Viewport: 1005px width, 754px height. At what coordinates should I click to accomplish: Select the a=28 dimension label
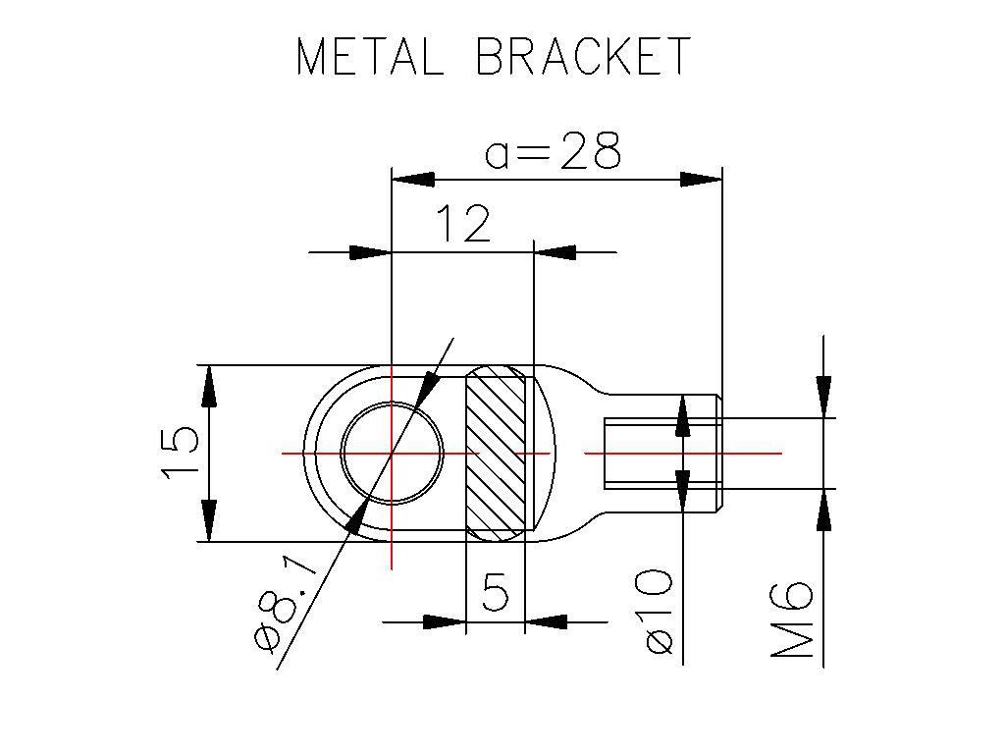[554, 152]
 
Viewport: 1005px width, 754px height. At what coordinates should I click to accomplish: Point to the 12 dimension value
[461, 225]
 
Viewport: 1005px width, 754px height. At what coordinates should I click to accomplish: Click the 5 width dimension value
[497, 593]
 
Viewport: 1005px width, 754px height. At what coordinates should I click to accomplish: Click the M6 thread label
[792, 619]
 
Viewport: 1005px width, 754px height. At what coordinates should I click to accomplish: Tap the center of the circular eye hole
[392, 453]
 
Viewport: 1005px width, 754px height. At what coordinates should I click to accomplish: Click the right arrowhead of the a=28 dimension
[702, 180]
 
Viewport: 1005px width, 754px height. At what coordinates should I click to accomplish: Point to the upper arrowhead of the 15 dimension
[209, 386]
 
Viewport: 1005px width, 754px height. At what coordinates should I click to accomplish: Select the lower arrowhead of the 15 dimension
[209, 520]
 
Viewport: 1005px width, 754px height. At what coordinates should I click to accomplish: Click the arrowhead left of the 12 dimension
[371, 252]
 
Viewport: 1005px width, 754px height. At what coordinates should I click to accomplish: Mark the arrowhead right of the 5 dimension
[547, 621]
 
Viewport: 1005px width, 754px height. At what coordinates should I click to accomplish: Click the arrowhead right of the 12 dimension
[555, 252]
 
